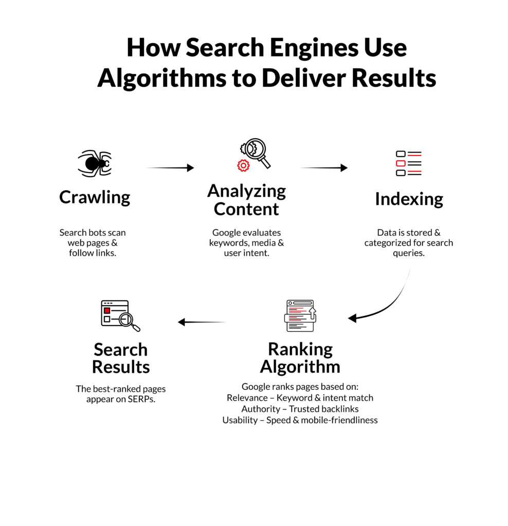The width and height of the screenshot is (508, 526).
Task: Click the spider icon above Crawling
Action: [94, 163]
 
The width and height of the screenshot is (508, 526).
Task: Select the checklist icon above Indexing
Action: [409, 163]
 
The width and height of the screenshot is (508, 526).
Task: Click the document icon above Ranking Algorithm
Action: [300, 315]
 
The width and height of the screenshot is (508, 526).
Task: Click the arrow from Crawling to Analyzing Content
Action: [170, 167]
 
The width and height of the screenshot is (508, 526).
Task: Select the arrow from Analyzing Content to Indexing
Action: [324, 167]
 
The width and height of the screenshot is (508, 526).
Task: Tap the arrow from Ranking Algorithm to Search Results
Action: [202, 322]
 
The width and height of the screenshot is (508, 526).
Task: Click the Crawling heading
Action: [95, 197]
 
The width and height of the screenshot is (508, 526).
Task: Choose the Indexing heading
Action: [409, 199]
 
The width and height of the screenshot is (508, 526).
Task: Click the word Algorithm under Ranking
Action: [300, 367]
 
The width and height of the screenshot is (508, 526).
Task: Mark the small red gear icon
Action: [243, 165]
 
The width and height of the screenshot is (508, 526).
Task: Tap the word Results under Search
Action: [121, 367]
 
